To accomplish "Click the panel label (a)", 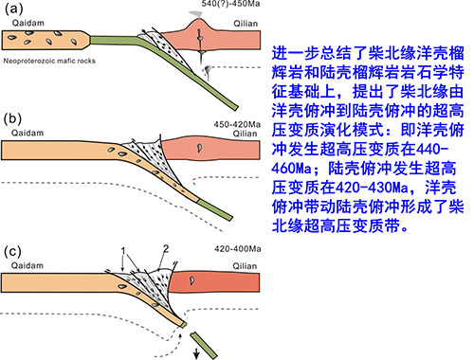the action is tap(13, 9).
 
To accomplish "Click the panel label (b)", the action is tap(13, 118).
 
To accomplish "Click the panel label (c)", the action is tap(12, 252).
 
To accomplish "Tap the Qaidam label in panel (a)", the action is tap(27, 23).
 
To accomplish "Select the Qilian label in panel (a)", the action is tap(246, 24).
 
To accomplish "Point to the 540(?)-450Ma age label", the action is tap(230, 4).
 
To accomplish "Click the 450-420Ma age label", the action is tap(237, 124).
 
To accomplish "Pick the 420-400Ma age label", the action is tap(238, 249).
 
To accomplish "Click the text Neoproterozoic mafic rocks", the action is tap(49, 61).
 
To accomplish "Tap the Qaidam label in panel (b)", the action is tap(27, 133).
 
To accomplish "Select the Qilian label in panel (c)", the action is tap(245, 266).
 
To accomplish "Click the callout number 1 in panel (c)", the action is tap(123, 251).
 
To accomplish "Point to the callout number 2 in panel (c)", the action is tap(166, 249).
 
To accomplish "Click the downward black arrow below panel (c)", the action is tap(196, 353).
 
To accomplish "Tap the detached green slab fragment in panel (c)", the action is tap(204, 345).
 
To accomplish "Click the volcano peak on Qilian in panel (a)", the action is tap(198, 20).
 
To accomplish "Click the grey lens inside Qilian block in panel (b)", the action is tap(199, 148).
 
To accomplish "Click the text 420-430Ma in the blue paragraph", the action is tap(372, 188).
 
